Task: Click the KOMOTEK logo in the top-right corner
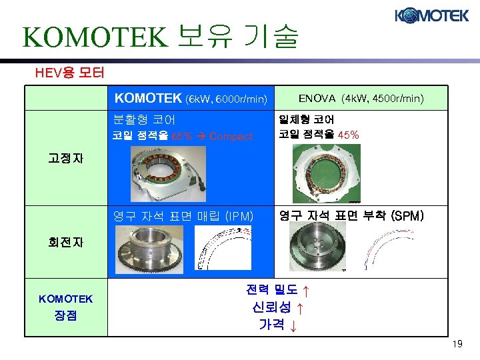point(432,15)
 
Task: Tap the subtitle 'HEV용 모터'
point(69,71)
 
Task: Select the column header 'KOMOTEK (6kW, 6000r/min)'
point(191,99)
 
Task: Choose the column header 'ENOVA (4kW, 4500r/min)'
point(361,99)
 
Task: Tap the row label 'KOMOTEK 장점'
point(66,307)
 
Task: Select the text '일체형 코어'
point(307,120)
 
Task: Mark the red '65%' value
point(182,136)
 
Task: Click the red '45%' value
point(349,135)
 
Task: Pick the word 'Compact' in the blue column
point(231,136)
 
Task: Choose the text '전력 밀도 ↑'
point(277,291)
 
